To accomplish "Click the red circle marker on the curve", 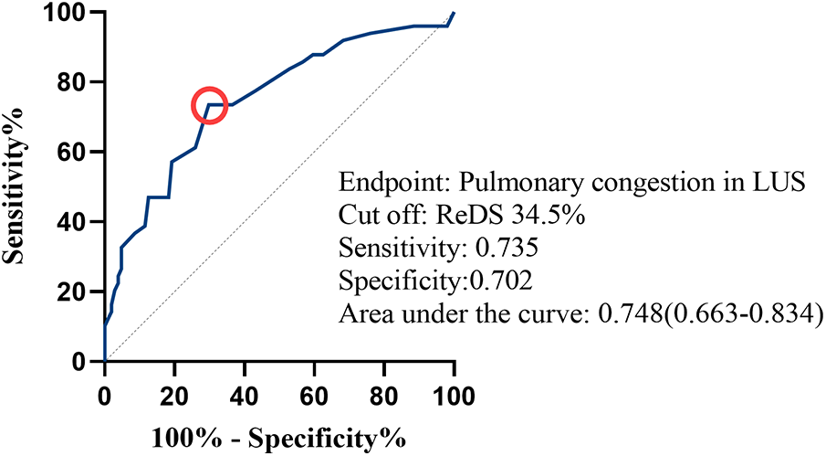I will (x=209, y=104).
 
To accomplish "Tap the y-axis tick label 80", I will (x=78, y=82).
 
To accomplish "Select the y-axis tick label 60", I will (x=78, y=152).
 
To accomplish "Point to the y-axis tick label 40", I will (x=78, y=222).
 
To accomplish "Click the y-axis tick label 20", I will (x=78, y=292).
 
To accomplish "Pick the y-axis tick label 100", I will (x=73, y=13).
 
